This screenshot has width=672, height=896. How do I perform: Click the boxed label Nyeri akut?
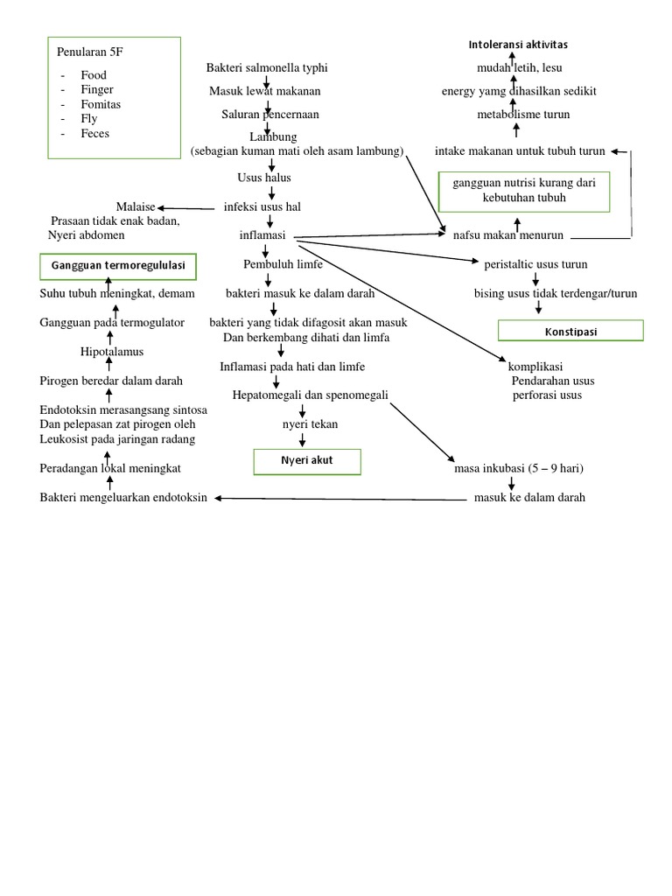[307, 461]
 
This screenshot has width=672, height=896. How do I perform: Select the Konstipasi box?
[570, 330]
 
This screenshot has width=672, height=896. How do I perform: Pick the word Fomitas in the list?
[101, 104]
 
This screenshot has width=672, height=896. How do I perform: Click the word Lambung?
[273, 137]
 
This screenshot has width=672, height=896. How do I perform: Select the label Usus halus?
[264, 178]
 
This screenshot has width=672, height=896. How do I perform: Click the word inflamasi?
[262, 236]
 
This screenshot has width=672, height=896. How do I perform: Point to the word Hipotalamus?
[111, 352]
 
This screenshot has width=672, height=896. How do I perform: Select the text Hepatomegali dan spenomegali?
[310, 395]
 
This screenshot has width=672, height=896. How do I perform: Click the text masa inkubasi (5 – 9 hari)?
[519, 468]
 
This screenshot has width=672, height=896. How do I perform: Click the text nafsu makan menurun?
[507, 235]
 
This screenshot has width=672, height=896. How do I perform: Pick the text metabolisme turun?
[523, 115]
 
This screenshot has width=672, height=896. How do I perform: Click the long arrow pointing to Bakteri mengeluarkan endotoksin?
[341, 499]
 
